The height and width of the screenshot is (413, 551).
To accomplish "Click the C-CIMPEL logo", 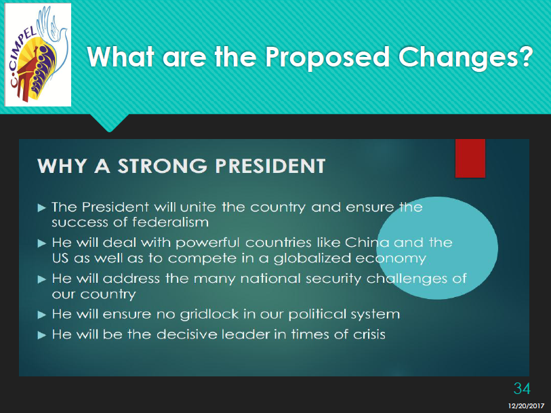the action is point(38,55).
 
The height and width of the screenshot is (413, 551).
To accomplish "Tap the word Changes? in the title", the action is point(466,57).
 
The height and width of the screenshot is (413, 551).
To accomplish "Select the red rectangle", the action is point(470,158).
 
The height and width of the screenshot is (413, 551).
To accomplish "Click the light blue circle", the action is point(436,248).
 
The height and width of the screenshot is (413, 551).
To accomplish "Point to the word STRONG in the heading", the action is point(163,166).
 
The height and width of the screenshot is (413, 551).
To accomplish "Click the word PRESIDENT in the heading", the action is point(270,166).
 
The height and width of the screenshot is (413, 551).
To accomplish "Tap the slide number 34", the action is point(522,389).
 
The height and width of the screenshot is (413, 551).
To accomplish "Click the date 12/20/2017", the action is point(526,406).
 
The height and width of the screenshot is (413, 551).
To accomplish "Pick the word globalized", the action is point(312,258).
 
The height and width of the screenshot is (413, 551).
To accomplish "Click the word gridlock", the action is point(209,314).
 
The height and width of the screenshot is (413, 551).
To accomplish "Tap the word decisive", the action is point(186,334).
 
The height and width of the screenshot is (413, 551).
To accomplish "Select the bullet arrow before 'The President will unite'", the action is point(42,208).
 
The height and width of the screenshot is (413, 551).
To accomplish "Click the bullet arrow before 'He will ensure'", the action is point(42,315).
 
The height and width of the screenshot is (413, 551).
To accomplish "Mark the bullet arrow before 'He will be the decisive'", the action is point(42,335).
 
